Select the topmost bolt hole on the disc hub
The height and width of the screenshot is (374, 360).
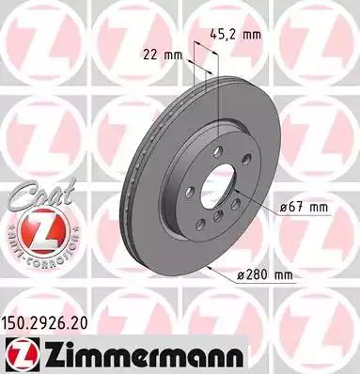(217, 153)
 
